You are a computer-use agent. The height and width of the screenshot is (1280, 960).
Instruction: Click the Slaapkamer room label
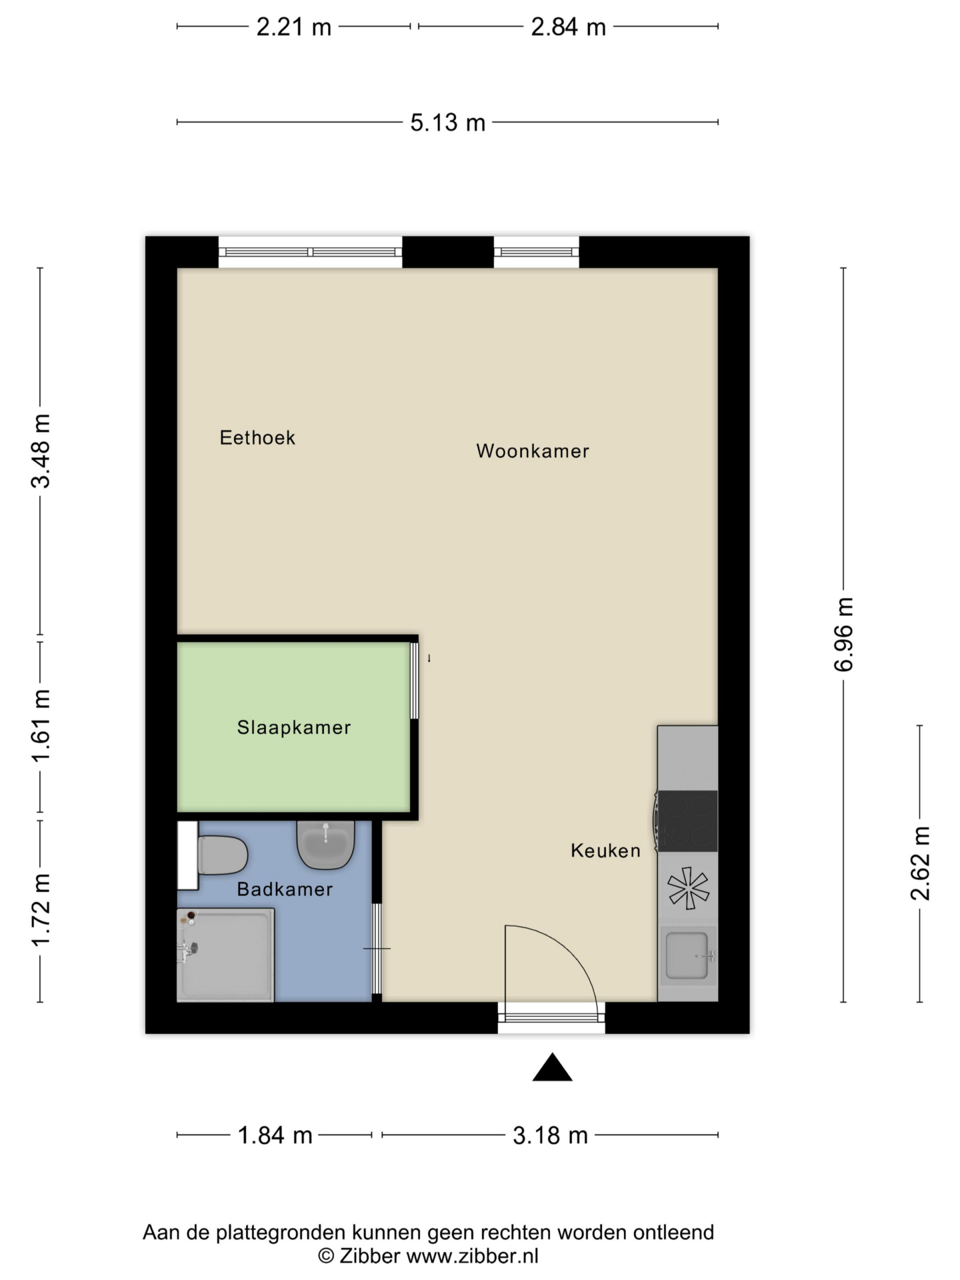pyautogui.click(x=294, y=727)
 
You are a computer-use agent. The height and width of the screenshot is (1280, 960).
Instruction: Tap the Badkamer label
pyautogui.click(x=285, y=889)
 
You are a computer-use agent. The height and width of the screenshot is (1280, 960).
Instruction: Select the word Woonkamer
pyautogui.click(x=533, y=451)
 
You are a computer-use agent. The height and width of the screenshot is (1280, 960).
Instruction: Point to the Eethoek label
pyautogui.click(x=257, y=437)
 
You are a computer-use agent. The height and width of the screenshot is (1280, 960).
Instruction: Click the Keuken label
pyautogui.click(x=606, y=851)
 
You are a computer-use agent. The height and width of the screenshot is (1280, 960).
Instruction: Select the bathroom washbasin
pyautogui.click(x=325, y=845)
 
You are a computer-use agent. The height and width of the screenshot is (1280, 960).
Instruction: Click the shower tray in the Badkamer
pyautogui.click(x=226, y=955)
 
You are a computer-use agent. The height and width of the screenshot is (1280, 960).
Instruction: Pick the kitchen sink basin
pyautogui.click(x=687, y=956)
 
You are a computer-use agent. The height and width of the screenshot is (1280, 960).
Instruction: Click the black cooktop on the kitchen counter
pyautogui.click(x=687, y=821)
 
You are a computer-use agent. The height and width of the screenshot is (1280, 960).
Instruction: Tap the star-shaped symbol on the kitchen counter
pyautogui.click(x=688, y=888)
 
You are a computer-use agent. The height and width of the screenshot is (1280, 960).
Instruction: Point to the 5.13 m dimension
pyautogui.click(x=448, y=123)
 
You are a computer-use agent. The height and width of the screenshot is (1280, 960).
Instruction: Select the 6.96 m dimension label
pyautogui.click(x=844, y=635)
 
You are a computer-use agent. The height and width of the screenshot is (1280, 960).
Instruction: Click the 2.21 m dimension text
pyautogui.click(x=294, y=27)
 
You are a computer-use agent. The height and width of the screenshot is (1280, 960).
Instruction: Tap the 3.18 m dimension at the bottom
pyautogui.click(x=551, y=1135)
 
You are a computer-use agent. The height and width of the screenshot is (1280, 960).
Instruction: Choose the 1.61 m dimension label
pyautogui.click(x=41, y=727)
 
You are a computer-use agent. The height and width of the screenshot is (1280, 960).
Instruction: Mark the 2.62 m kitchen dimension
pyautogui.click(x=920, y=863)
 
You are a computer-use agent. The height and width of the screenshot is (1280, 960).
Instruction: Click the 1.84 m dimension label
pyautogui.click(x=275, y=1135)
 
